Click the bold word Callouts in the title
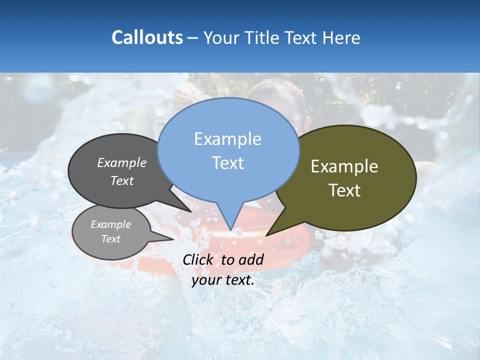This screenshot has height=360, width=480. click(x=147, y=38)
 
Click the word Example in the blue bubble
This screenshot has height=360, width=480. click(x=227, y=139)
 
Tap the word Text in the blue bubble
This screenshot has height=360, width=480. click(x=227, y=163)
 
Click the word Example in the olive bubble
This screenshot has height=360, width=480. click(x=344, y=166)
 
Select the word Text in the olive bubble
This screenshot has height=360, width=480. click(x=344, y=190)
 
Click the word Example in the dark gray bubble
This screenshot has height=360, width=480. click(x=122, y=162)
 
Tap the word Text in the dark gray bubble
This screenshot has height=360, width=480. click(x=122, y=180)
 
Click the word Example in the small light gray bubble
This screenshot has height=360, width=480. click(x=110, y=224)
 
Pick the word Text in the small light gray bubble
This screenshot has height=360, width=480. click(x=110, y=239)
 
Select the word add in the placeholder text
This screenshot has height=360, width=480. click(x=251, y=259)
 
